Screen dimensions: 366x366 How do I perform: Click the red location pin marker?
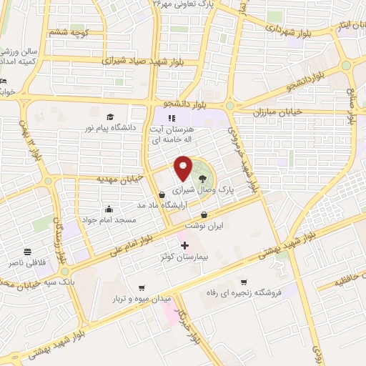(x=184, y=169)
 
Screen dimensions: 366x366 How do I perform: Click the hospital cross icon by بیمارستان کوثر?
(x=185, y=246)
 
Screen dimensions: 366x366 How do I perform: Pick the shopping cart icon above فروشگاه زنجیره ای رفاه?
(x=244, y=282)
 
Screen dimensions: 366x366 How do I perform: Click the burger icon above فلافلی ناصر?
(x=26, y=252)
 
